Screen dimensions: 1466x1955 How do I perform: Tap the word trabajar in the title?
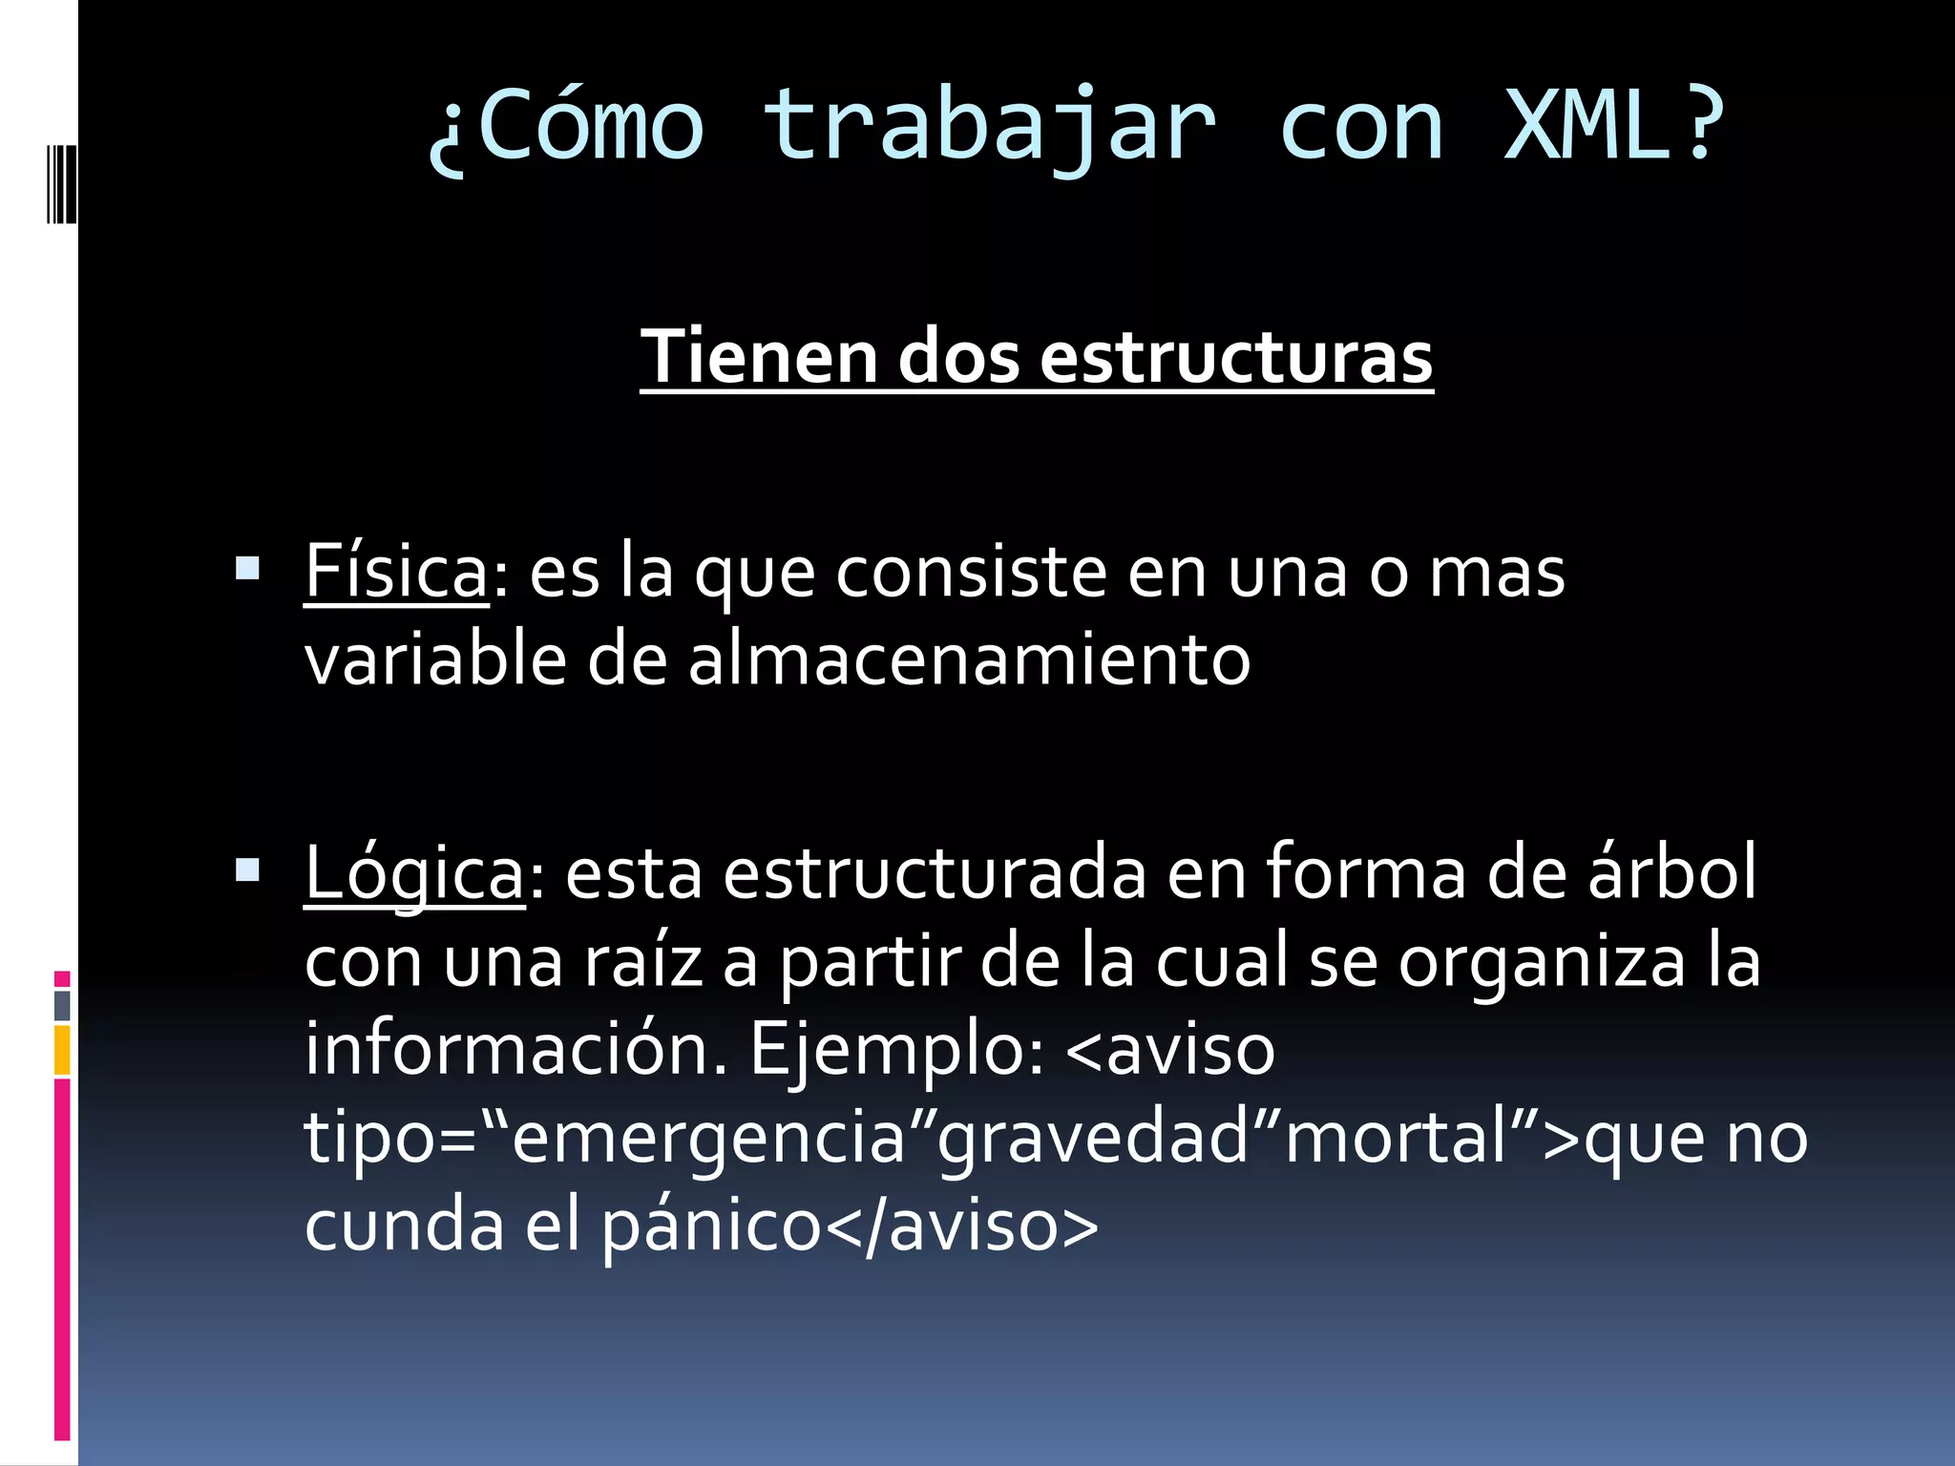tap(989, 125)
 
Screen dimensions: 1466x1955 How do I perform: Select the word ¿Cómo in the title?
tap(565, 125)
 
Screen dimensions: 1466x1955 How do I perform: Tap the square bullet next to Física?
tap(247, 570)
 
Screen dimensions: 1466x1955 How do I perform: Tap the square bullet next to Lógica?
tap(247, 869)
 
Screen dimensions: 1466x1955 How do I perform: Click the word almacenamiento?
tap(968, 660)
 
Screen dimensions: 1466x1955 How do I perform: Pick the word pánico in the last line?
tap(711, 1226)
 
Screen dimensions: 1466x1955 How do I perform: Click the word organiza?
tap(1543, 961)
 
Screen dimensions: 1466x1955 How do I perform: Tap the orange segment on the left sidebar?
tap(62, 1050)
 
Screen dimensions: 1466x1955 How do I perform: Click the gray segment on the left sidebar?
tap(62, 1005)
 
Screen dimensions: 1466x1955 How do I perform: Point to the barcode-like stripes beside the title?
tap(59, 182)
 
